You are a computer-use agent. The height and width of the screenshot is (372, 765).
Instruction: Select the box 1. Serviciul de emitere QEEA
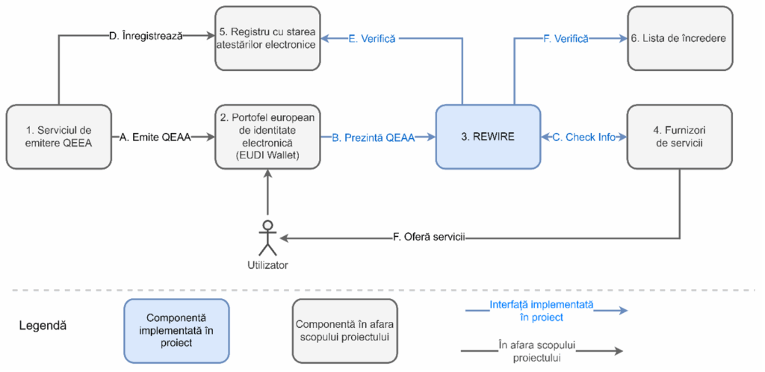pyautogui.click(x=58, y=137)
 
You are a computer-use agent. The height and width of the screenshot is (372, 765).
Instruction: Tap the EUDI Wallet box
pyautogui.click(x=267, y=137)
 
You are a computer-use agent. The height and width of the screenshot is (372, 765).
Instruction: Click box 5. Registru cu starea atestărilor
pyautogui.click(x=267, y=38)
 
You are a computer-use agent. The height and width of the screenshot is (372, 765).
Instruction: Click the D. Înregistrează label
pyautogui.click(x=146, y=34)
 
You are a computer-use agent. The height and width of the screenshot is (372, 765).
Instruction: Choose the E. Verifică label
pyautogui.click(x=372, y=38)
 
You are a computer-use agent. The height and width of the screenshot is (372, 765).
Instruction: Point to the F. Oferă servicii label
pyautogui.click(x=429, y=238)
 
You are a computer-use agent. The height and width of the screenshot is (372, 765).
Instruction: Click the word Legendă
pyautogui.click(x=43, y=326)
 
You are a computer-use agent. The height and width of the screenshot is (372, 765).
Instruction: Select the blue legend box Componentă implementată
pyautogui.click(x=176, y=330)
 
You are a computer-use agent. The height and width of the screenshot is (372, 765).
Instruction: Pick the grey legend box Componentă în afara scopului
pyautogui.click(x=345, y=330)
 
